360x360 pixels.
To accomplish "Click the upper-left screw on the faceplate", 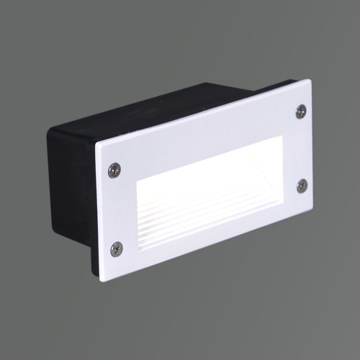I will tap(114, 170).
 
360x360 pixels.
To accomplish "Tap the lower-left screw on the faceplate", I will tap(116, 248).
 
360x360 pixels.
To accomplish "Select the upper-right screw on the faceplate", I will tap(301, 111).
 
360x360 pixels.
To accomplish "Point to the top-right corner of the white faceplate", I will tap(310, 80).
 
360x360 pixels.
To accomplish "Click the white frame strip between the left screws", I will tap(115, 209).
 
